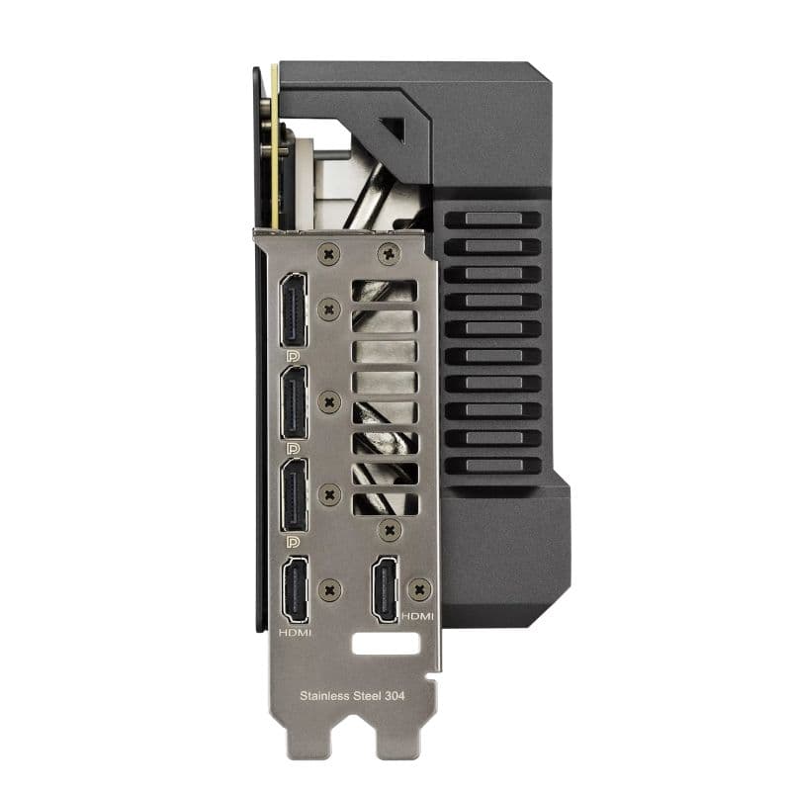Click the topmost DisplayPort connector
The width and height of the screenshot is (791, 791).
click(293, 308)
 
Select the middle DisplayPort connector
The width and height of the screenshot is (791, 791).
click(294, 401)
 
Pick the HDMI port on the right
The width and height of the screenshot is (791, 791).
click(384, 590)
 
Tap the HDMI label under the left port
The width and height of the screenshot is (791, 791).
click(295, 632)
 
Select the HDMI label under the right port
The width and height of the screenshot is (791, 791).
click(416, 616)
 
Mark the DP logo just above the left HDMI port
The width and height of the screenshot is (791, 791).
click(293, 542)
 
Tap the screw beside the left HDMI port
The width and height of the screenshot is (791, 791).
click(330, 590)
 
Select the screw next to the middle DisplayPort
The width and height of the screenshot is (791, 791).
click(330, 401)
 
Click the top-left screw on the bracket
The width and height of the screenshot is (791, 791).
click(330, 254)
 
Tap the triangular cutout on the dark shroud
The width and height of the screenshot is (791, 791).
click(393, 130)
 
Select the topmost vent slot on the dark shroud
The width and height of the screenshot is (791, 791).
click(491, 219)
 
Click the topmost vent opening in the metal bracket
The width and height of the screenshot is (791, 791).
click(385, 291)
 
